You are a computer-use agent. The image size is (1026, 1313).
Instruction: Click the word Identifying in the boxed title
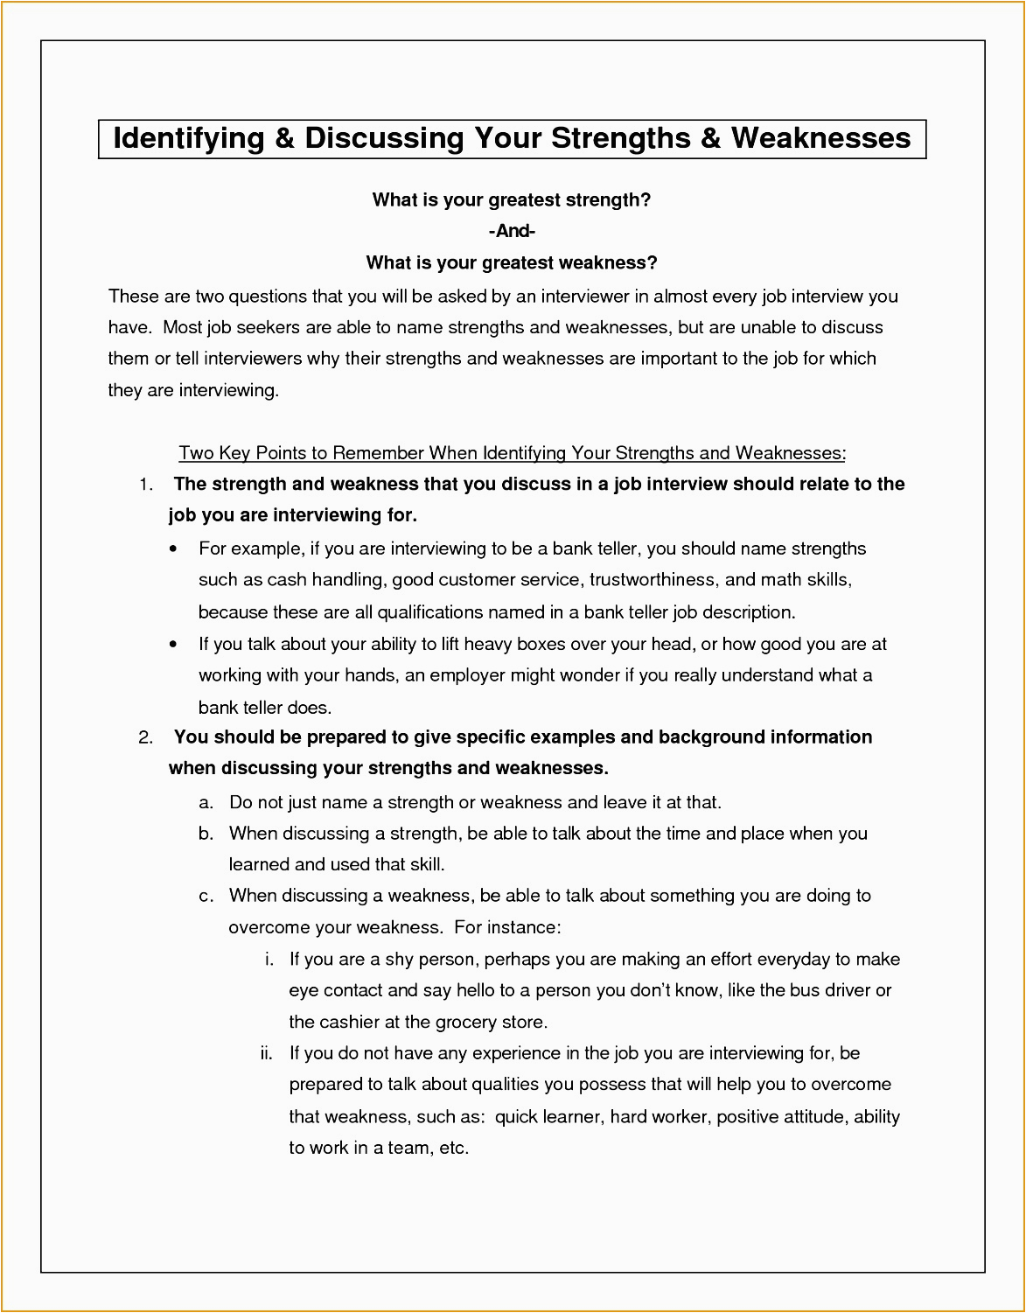[x=189, y=138]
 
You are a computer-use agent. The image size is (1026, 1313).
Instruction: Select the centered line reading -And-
[x=512, y=231]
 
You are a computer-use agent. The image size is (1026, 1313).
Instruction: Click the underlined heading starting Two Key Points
[x=512, y=453]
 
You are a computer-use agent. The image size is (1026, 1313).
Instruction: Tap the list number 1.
[x=146, y=485]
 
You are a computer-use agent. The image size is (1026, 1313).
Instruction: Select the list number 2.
[x=146, y=737]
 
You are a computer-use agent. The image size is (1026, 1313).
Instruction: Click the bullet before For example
[x=174, y=549]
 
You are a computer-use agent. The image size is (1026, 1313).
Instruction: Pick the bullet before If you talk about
[x=174, y=645]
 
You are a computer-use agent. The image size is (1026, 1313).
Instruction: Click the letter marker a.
[x=206, y=803]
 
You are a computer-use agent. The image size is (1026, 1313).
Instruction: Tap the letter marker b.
[x=206, y=834]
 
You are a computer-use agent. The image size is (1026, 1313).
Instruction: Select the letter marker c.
[x=206, y=896]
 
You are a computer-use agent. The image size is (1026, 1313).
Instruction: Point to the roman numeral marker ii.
[x=267, y=1053]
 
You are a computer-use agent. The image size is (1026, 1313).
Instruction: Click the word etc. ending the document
[x=454, y=1148]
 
